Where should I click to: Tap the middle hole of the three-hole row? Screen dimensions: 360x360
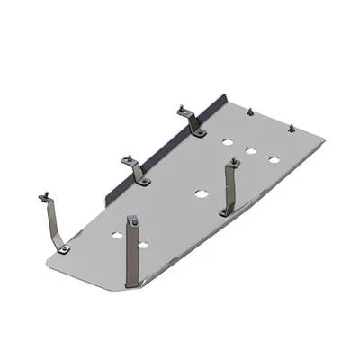point(252,149)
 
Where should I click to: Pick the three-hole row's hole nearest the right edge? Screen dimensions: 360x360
point(273,159)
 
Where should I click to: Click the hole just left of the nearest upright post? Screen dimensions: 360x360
point(116,236)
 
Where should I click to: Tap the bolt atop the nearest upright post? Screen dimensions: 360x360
point(133,219)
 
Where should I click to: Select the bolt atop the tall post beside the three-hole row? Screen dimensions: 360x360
point(233,162)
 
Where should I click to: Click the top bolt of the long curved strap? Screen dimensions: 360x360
point(42,196)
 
